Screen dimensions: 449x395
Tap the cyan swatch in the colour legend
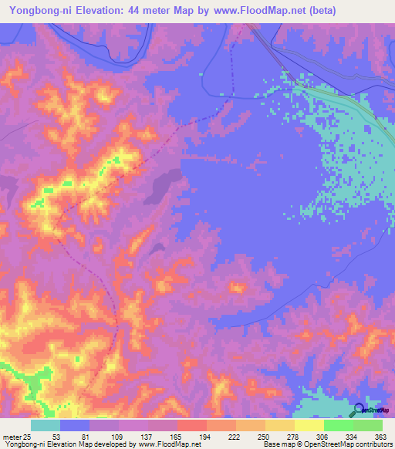click(46, 424)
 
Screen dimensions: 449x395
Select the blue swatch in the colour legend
click(75, 424)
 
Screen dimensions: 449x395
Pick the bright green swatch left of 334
click(339, 424)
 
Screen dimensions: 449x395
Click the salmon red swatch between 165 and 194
click(192, 424)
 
